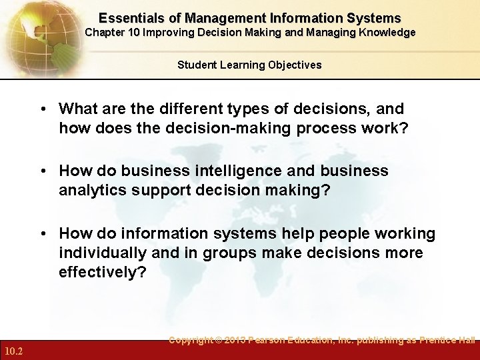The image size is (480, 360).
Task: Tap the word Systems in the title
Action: click(x=377, y=18)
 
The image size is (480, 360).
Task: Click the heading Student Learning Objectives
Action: click(x=249, y=65)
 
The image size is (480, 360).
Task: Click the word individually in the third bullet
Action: click(x=102, y=253)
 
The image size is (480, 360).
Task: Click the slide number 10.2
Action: click(x=13, y=351)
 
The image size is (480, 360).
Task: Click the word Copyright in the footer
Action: click(x=193, y=340)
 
